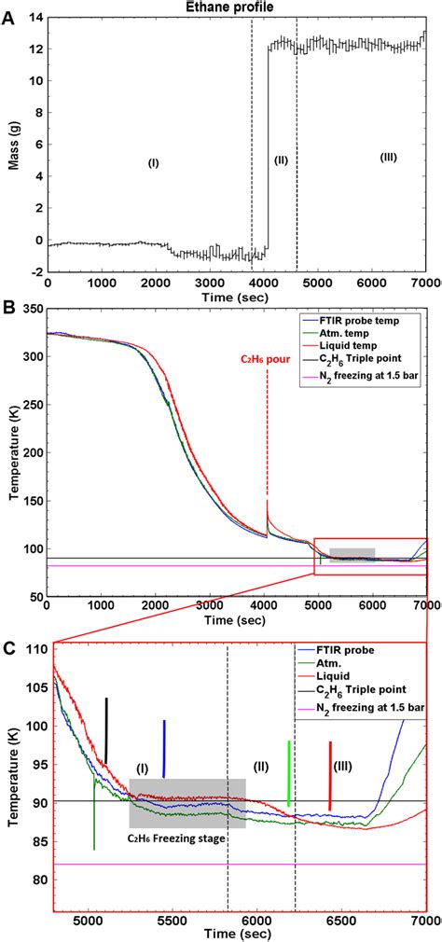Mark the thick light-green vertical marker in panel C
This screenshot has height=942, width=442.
tap(289, 773)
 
